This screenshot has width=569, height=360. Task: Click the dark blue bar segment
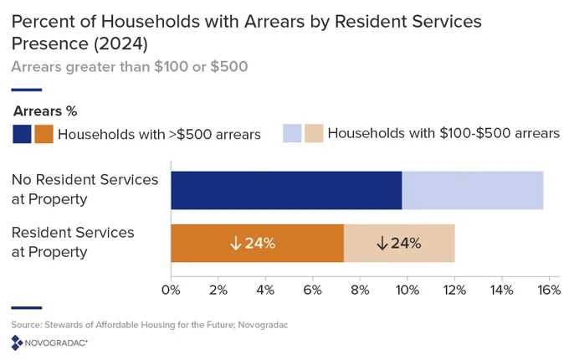coord(286,190)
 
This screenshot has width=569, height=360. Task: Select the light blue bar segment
coord(473,190)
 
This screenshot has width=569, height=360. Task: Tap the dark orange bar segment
coord(257,243)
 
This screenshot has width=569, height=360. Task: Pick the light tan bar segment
coord(399,243)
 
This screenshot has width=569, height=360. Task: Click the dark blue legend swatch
coord(22,134)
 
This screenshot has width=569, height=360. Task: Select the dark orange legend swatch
coord(44,134)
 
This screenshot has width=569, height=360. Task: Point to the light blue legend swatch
coord(292,133)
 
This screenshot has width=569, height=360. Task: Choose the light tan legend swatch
coord(314,133)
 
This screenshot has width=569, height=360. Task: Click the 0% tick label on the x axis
coord(171,290)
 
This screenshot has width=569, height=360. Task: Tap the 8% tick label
coord(360,290)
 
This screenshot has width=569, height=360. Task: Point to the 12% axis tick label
coord(454,290)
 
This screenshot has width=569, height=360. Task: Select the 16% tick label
coord(549,290)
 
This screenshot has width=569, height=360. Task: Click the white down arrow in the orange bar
coord(236,243)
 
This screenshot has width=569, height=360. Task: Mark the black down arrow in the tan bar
coord(382,243)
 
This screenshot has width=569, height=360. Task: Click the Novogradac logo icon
coord(17,342)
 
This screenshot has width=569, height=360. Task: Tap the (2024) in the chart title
coord(120,44)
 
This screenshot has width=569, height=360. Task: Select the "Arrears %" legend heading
coord(45,111)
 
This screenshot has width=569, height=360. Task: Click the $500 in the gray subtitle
coord(229,67)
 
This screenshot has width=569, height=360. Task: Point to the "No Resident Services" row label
coord(85,180)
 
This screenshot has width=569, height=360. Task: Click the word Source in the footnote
coord(26,325)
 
